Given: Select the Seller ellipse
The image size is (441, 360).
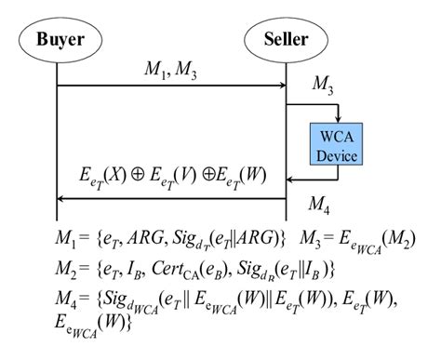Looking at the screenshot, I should point(286,40).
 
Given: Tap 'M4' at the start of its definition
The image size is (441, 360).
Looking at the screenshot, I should point(66,299).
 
